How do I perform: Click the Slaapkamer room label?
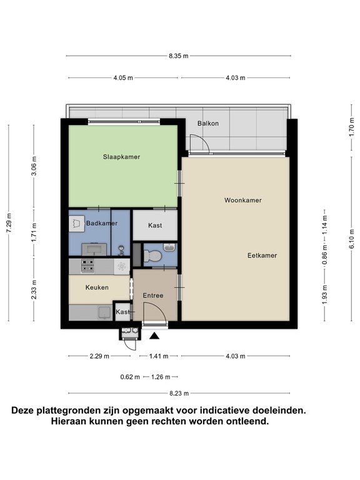[x=121, y=157]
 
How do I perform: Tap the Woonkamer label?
[x=242, y=200]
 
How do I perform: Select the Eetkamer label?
[x=262, y=255]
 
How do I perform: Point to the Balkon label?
[x=208, y=123]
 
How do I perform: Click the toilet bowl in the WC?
[x=152, y=256]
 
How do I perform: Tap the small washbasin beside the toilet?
[x=169, y=247]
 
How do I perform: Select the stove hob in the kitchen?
[x=87, y=266]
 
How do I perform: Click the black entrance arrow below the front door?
[x=154, y=336]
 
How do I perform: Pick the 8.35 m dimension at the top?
[x=179, y=56]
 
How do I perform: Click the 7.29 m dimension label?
[x=9, y=222]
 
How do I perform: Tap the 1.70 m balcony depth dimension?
[x=351, y=127]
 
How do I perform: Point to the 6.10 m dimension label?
[x=351, y=239]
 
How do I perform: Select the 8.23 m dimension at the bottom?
[x=179, y=393]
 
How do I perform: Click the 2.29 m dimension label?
[x=99, y=356]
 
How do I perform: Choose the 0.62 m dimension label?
[x=130, y=377]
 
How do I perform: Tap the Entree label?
[x=153, y=296]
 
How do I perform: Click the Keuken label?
[x=97, y=287]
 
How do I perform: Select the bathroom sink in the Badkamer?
[x=94, y=249]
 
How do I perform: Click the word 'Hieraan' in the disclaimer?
[x=68, y=421]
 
